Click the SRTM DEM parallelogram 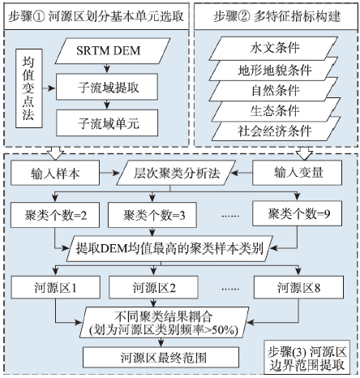(113, 51)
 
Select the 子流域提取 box (107, 87)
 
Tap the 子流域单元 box (107, 123)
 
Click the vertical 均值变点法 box (29, 88)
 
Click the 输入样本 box (55, 173)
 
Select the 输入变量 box (298, 173)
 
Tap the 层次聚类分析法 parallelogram (176, 173)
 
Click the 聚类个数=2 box (55, 215)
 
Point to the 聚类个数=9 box (298, 213)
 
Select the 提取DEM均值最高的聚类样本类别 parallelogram (169, 248)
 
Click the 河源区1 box (55, 287)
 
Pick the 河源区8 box (298, 287)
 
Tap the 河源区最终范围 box (161, 358)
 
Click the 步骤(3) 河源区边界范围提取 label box (306, 358)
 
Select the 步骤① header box (96, 16)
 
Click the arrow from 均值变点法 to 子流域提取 (49, 88)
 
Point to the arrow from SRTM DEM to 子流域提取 (107, 69)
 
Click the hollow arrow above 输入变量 (304, 153)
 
